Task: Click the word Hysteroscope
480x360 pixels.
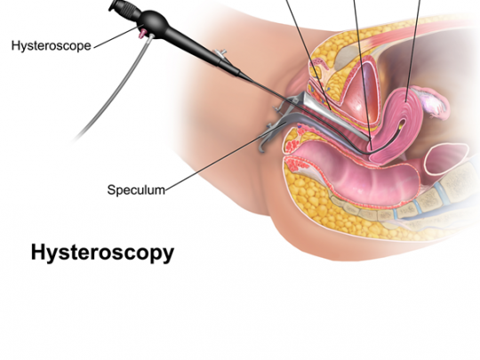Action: coord(52,46)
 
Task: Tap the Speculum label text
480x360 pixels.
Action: coord(136,190)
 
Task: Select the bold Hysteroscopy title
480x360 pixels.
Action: coord(102,252)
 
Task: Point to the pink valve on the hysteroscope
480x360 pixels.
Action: coord(141,33)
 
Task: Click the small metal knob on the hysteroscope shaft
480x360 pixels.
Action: coord(221,52)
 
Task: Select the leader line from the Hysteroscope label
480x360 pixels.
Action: coord(116,36)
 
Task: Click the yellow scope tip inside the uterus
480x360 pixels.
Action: coord(401,124)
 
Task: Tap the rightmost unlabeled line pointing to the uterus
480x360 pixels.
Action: coord(413,51)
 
